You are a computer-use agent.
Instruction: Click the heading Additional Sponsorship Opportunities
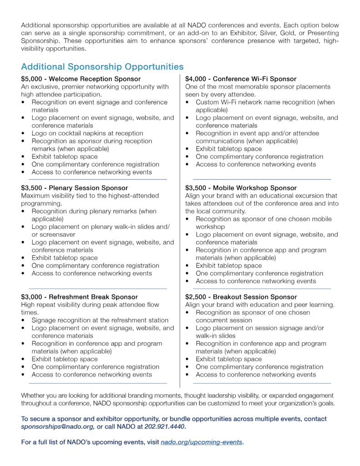[x=102, y=67]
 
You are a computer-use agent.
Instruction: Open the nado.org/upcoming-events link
[x=202, y=442]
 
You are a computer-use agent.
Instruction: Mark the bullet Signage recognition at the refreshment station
[x=100, y=320]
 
